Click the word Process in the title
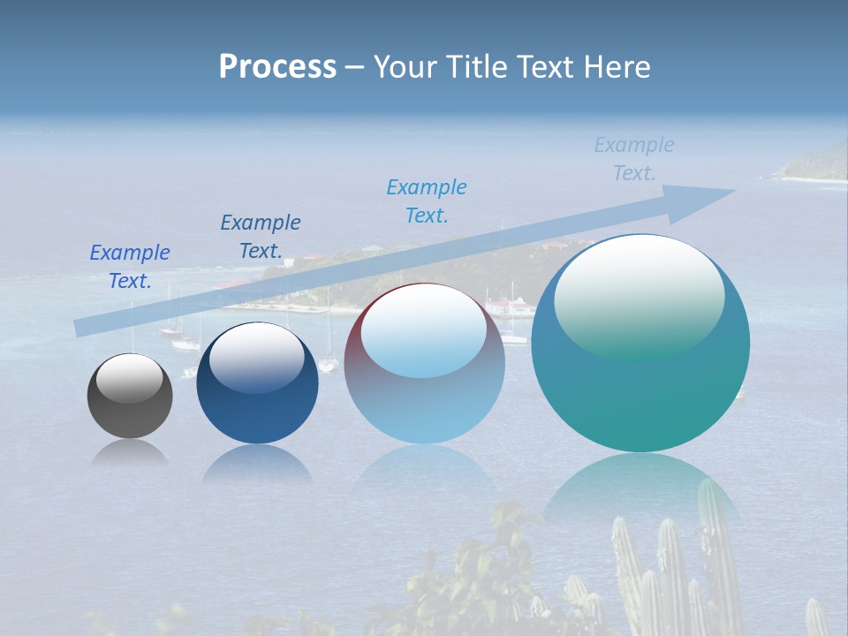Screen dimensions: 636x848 (x=277, y=67)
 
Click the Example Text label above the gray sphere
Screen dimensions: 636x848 (x=130, y=267)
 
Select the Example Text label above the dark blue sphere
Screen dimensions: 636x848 (x=261, y=237)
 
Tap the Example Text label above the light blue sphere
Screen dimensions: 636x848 (x=427, y=201)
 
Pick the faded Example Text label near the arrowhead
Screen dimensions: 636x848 (x=634, y=159)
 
